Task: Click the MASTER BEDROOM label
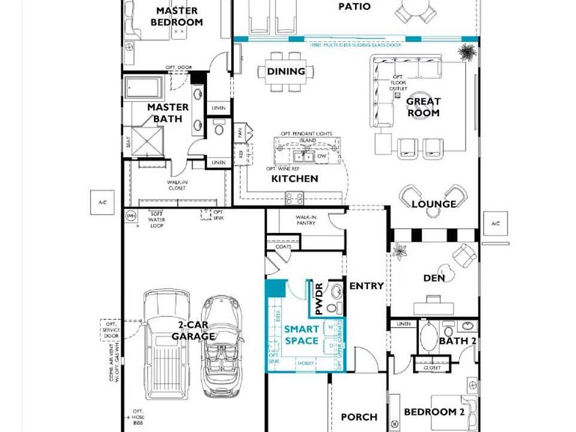click(x=176, y=16)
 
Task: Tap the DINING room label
click(x=286, y=71)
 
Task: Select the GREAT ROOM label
click(x=424, y=107)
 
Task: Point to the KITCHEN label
click(x=295, y=178)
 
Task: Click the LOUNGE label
click(x=433, y=204)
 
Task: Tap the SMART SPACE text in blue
click(x=301, y=335)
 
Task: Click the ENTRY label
click(x=366, y=286)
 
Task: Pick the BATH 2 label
click(x=457, y=341)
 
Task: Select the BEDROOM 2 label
click(x=434, y=412)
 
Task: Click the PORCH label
click(x=359, y=416)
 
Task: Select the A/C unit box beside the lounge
click(x=495, y=224)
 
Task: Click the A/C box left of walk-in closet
click(x=102, y=203)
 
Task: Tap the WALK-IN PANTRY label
click(x=306, y=220)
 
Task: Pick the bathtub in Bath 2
click(x=428, y=337)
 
